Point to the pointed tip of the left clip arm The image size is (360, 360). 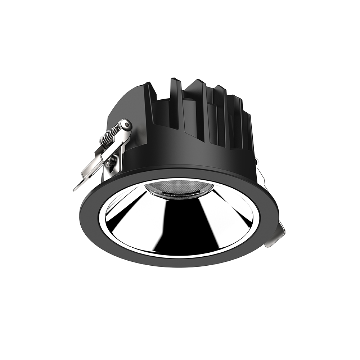(75, 190)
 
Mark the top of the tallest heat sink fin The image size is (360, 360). (174, 80)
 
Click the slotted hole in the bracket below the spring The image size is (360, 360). (111, 162)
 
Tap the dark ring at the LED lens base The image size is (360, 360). (179, 197)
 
